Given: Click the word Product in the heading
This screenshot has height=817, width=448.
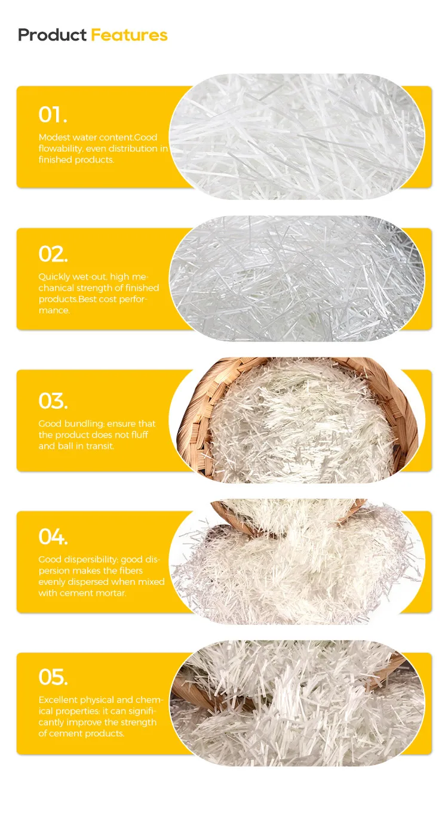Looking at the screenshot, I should click(53, 35).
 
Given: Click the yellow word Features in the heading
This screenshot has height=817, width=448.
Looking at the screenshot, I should click(129, 35).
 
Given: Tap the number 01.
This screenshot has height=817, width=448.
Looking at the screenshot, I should click(53, 114).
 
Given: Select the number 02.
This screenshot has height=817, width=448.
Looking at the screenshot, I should click(53, 254).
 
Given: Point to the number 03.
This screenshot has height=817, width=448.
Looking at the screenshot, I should click(53, 400).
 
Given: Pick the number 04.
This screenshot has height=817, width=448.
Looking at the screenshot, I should click(53, 537).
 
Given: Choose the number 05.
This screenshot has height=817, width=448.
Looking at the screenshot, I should click(53, 677).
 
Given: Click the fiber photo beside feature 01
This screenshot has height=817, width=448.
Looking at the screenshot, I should click(297, 137).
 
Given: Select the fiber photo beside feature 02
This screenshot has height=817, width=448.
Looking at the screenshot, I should click(297, 278).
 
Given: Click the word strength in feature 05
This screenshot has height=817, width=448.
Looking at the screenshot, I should click(140, 722).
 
